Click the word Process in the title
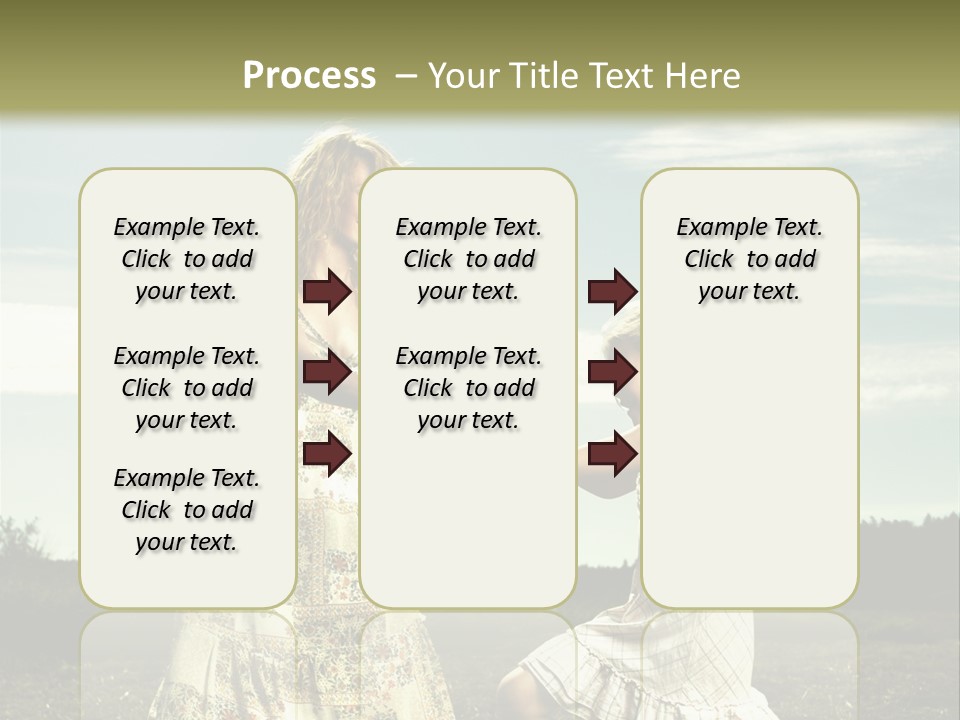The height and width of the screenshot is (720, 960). pos(309,76)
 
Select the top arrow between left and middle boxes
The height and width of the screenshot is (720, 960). pos(327,292)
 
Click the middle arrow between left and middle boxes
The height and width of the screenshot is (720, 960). pos(327,373)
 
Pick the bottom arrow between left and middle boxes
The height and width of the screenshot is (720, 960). pos(327,453)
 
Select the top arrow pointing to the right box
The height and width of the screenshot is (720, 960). pos(612,292)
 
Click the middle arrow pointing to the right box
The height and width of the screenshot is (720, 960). pos(612,373)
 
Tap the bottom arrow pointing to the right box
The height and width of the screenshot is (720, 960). pos(612,453)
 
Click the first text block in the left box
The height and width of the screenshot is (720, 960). pos(187,259)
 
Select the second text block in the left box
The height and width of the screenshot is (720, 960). pos(187,388)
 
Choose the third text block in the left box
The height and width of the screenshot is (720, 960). pos(187,510)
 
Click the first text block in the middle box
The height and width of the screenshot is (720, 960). pos(468,259)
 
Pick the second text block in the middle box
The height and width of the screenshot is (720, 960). pos(468,388)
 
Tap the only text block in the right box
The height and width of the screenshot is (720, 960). pos(749,259)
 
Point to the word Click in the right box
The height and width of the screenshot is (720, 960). pos(709,260)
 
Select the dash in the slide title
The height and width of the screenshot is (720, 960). pos(406,76)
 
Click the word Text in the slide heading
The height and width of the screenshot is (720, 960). pos(620,76)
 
